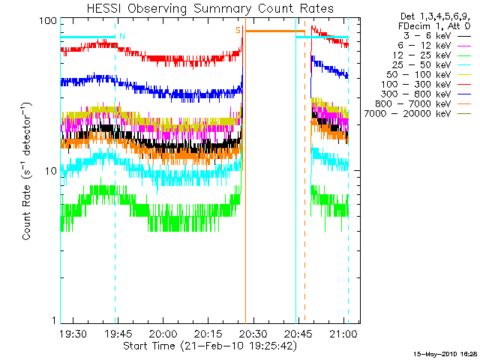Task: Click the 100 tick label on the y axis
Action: [x=48, y=21]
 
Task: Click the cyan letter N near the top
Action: [x=121, y=36]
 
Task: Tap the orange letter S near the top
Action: [x=238, y=30]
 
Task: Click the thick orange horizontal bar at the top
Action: [x=271, y=31]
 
